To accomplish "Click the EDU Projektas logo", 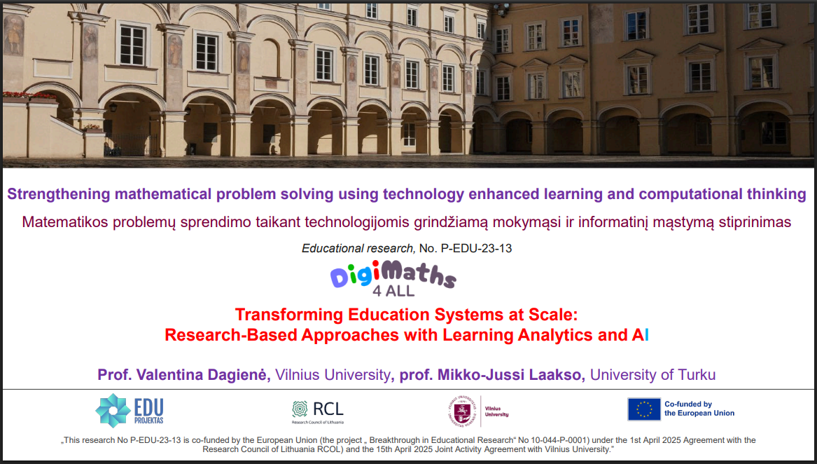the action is click(x=130, y=411).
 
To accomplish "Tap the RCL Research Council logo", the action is click(x=317, y=412).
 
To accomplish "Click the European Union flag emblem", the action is click(x=644, y=409).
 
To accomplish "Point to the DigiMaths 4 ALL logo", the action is click(x=393, y=279).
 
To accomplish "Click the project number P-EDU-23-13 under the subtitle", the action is click(x=476, y=248).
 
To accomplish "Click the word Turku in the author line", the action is click(x=696, y=375).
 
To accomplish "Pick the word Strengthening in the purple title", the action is click(x=59, y=195).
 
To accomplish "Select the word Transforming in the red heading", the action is click(x=289, y=315).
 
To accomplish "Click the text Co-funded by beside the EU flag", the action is click(x=687, y=404).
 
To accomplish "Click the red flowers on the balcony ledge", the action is click(x=29, y=95).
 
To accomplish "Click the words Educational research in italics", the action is click(x=358, y=248).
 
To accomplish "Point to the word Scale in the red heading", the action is click(x=553, y=315).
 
